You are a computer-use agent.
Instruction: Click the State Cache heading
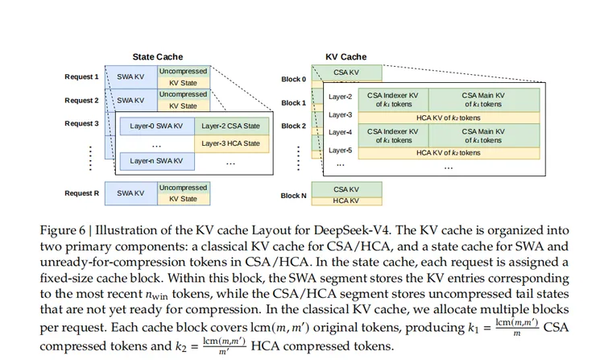[158, 57]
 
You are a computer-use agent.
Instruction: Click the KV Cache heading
[345, 57]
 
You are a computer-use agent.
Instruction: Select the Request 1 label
[81, 77]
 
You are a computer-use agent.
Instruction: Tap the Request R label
[81, 193]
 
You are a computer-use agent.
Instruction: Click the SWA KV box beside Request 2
[130, 101]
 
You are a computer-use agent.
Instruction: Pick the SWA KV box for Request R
[130, 193]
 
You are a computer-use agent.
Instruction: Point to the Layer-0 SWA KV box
[156, 126]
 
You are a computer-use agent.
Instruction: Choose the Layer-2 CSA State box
[230, 126]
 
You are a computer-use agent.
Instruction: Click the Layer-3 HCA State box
[230, 143]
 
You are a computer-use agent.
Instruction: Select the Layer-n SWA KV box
[156, 161]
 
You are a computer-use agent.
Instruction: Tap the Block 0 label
[293, 80]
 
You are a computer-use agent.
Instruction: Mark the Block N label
[293, 196]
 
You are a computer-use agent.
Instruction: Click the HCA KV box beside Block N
[345, 201]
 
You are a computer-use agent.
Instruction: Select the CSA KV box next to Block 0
[345, 73]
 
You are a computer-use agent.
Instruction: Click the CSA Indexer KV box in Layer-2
[391, 100]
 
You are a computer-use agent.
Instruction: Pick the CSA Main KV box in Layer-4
[483, 134]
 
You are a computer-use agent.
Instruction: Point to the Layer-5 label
[340, 150]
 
